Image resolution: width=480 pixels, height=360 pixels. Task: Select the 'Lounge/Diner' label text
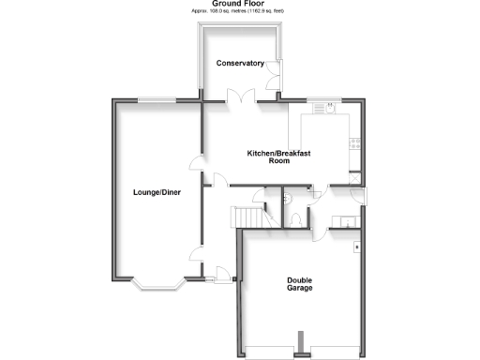click(x=157, y=192)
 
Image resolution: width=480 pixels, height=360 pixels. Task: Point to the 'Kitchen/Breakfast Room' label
click(x=278, y=157)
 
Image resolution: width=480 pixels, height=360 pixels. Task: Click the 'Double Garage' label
click(x=300, y=284)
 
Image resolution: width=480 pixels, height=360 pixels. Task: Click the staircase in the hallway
click(x=249, y=217)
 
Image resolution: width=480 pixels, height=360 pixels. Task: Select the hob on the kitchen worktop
click(x=354, y=143)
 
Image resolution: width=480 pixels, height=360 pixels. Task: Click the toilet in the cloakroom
click(x=296, y=217)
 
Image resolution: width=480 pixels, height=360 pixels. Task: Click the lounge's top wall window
click(x=156, y=100)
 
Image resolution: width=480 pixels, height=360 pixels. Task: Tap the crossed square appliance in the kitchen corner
click(x=355, y=175)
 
